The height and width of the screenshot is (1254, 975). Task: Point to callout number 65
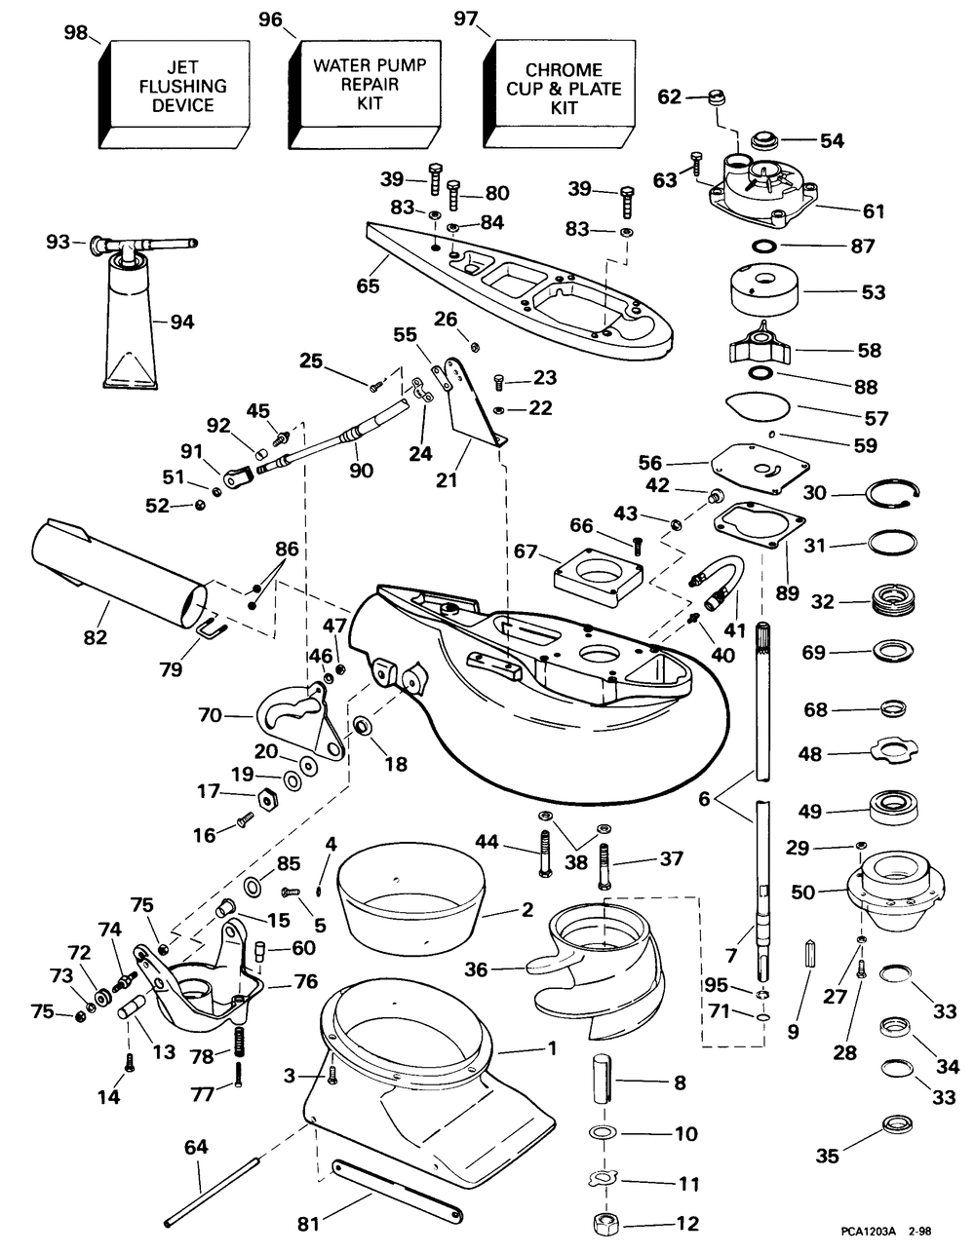coord(368,286)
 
